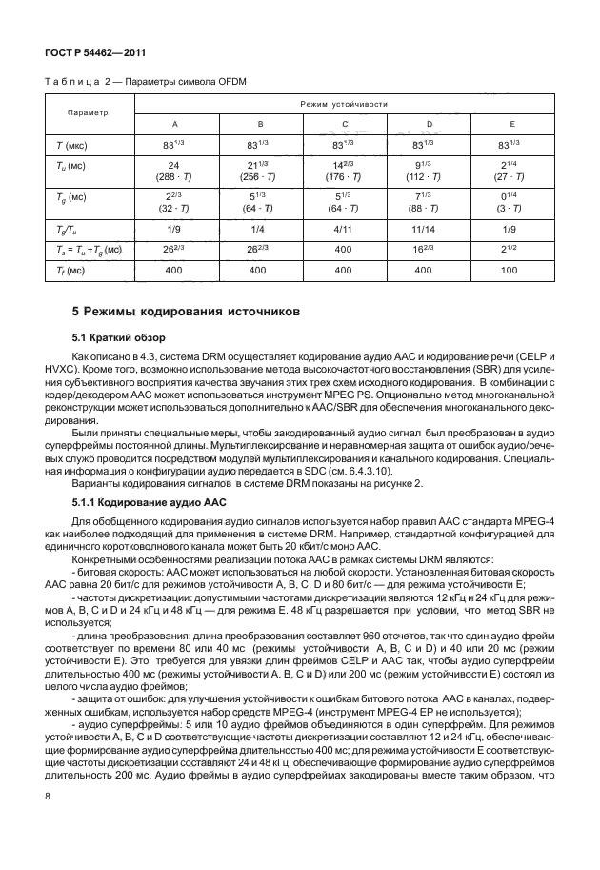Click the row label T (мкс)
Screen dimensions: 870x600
[68, 145]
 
